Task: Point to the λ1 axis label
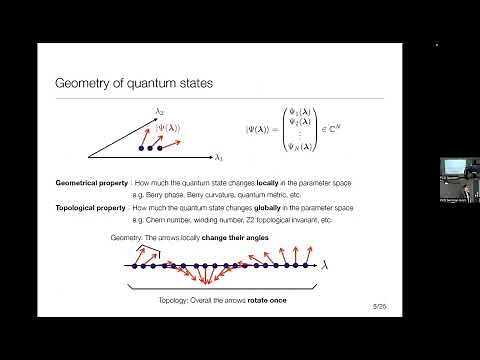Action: click(x=219, y=157)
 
